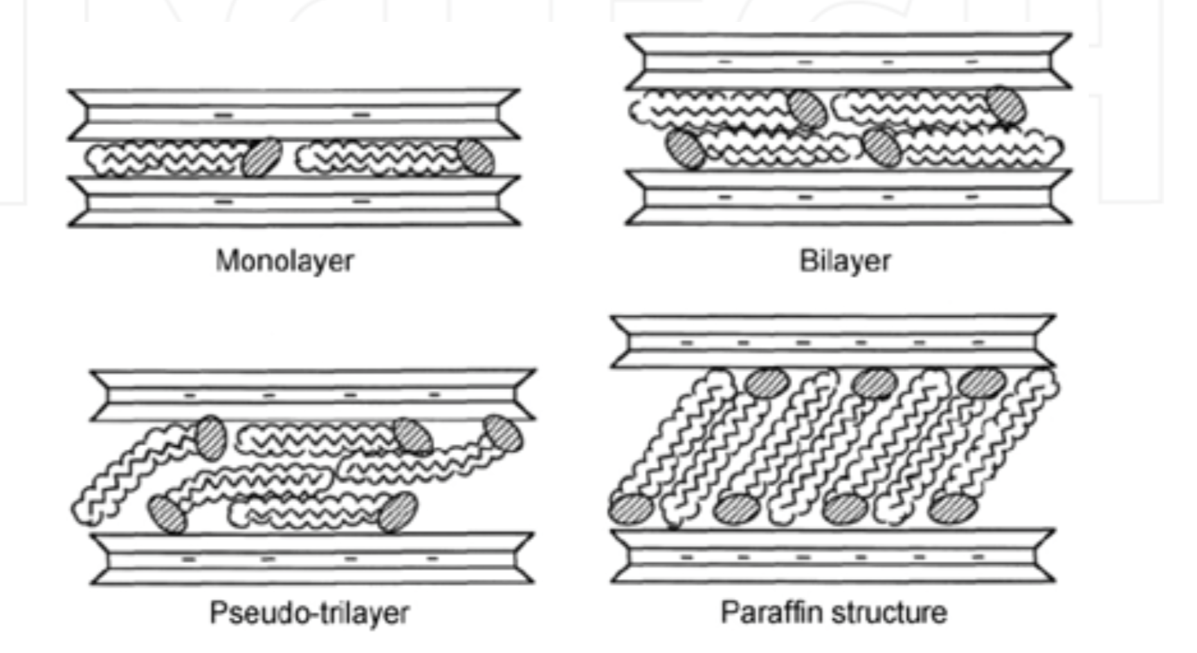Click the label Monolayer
284,261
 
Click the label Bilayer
845,261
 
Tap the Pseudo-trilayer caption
309,613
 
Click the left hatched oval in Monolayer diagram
262,157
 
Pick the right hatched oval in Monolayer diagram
476,156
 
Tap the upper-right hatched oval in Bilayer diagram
1006,106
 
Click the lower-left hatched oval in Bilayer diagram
685,149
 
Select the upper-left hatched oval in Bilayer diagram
807,109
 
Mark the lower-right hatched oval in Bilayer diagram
881,148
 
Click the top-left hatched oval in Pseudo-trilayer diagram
210,437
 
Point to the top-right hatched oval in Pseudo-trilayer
503,434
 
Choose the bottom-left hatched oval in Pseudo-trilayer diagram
167,513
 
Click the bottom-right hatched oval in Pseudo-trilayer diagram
398,512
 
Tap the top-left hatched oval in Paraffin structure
767,383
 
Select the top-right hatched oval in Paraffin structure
982,383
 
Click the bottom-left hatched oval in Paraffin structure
630,509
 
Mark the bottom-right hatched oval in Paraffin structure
953,508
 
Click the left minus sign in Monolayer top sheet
223,115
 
